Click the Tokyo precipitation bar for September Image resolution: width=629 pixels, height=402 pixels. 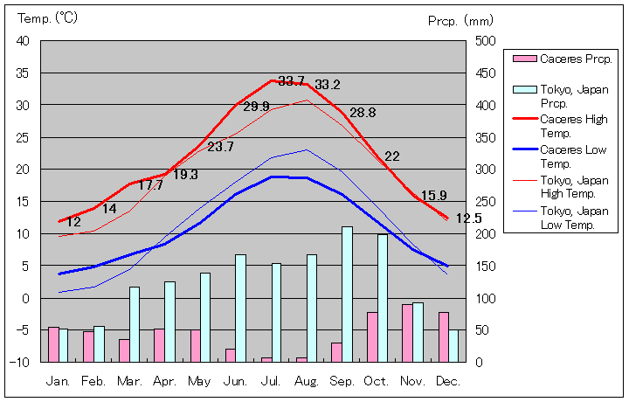tap(347, 294)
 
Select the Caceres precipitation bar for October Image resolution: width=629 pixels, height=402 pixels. tap(372, 336)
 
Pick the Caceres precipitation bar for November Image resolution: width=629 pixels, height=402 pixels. tap(407, 332)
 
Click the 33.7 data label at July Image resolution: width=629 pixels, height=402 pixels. tap(291, 81)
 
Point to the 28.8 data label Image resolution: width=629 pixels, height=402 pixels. tap(363, 113)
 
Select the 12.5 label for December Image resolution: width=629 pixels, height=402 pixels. tap(469, 218)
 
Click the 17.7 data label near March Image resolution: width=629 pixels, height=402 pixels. tap(150, 185)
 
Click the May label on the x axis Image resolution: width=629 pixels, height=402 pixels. tap(199, 382)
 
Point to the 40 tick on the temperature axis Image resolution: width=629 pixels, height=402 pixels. tap(23, 41)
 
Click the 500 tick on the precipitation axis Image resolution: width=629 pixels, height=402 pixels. tap(486, 41)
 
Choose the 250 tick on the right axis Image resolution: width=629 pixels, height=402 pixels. tap(486, 201)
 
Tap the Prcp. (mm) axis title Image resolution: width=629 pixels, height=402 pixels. tap(460, 20)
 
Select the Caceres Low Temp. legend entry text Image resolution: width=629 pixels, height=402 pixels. tap(573, 156)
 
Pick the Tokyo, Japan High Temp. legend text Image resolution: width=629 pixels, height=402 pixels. tap(573, 187)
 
